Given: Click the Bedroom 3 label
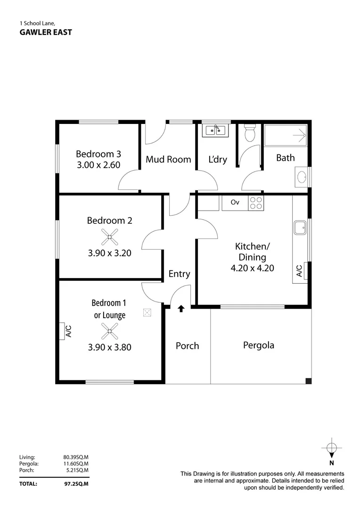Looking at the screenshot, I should (98, 154).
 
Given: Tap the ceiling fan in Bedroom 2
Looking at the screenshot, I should (109, 237).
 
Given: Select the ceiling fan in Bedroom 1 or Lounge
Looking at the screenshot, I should (109, 332).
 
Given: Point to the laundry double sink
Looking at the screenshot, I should (216, 130).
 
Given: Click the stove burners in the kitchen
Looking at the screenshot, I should (256, 203).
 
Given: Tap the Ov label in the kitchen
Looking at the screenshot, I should (235, 203).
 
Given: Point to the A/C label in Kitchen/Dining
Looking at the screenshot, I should (299, 271).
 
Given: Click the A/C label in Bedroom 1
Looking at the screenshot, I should (68, 331).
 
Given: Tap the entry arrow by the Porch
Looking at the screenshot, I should (181, 309).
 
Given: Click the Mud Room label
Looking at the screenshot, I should (168, 159).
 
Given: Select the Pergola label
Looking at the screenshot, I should (258, 345).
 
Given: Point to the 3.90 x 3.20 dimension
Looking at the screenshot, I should (109, 253).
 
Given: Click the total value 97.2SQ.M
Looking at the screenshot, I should (76, 484).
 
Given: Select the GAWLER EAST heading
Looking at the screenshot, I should (46, 33).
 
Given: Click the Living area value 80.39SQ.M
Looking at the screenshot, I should (76, 457).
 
